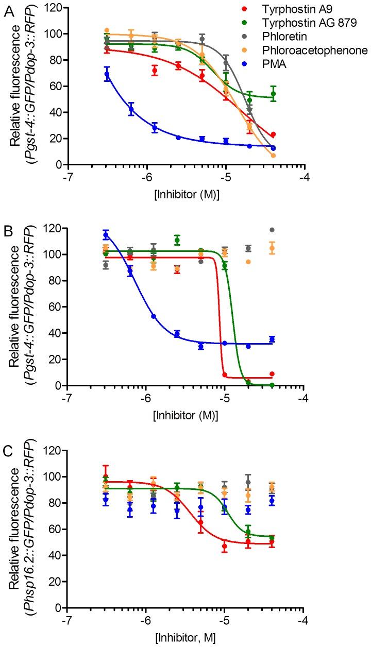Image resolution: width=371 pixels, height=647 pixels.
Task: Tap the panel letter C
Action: pos(8,453)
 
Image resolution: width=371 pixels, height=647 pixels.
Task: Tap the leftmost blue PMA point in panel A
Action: pos(107,74)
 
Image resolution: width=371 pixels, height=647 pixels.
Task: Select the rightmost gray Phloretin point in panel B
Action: pos(272,230)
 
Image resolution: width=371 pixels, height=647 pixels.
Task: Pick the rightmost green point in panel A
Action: pos(273,94)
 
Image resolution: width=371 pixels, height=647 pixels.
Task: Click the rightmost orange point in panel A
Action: pos(273,156)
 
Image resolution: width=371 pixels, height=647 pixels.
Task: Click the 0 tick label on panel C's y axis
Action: pos(58,608)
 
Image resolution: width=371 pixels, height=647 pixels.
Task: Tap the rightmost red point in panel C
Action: pos(273,542)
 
